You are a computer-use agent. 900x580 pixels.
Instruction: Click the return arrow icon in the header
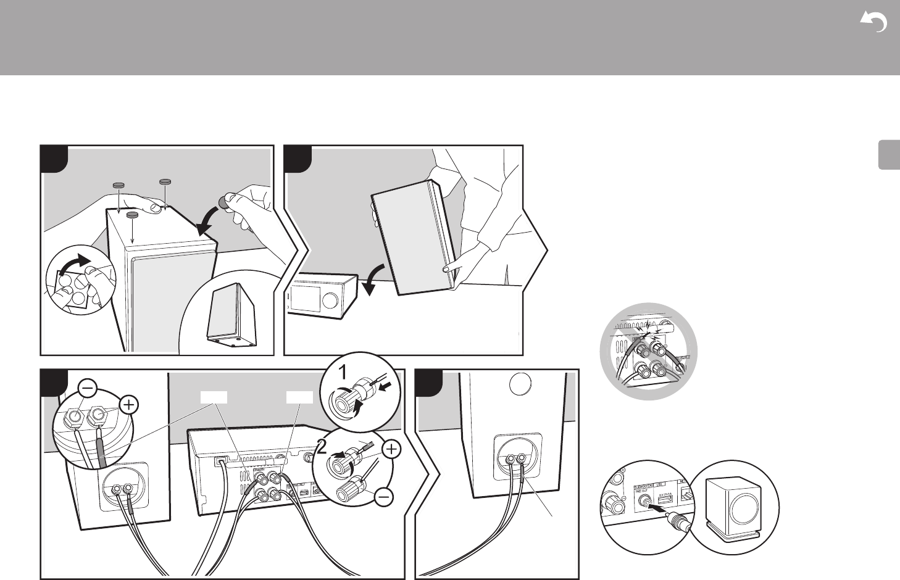coord(873,23)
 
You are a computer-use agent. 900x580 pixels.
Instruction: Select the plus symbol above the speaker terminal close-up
coord(128,405)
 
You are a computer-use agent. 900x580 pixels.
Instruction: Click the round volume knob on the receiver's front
coord(330,300)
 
